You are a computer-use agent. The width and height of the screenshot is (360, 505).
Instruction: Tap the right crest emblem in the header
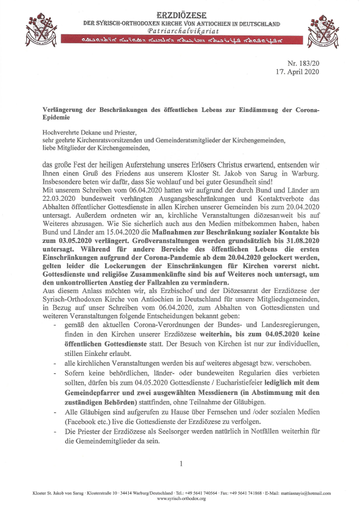tap(323, 29)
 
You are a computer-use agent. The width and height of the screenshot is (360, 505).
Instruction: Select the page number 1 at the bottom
tap(181, 464)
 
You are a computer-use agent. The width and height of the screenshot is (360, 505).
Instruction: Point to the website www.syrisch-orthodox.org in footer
tap(181, 499)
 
